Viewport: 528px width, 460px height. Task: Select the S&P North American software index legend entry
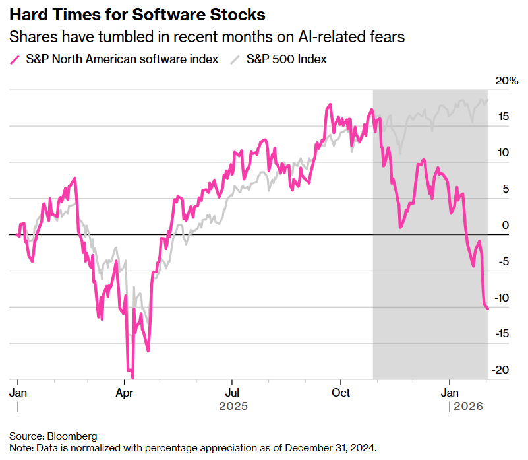pyautogui.click(x=122, y=59)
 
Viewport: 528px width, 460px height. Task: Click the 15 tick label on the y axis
pyautogui.click(x=503, y=117)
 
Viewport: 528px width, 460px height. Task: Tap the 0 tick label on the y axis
pyautogui.click(x=506, y=225)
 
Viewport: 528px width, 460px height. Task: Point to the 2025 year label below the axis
pyautogui.click(x=233, y=406)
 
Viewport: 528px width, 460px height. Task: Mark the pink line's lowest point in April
pyautogui.click(x=132, y=378)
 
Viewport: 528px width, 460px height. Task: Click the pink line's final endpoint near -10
pyautogui.click(x=487, y=308)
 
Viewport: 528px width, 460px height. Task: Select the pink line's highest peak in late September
pyautogui.click(x=328, y=105)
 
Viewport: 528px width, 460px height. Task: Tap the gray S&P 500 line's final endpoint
pyautogui.click(x=488, y=100)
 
